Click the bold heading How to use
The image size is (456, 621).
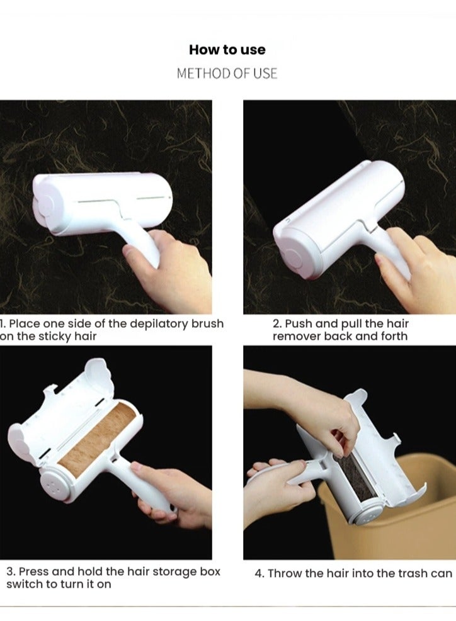click(227, 50)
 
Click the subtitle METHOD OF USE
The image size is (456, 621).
click(227, 74)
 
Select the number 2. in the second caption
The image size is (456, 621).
click(276, 323)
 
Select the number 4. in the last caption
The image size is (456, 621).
click(259, 573)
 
